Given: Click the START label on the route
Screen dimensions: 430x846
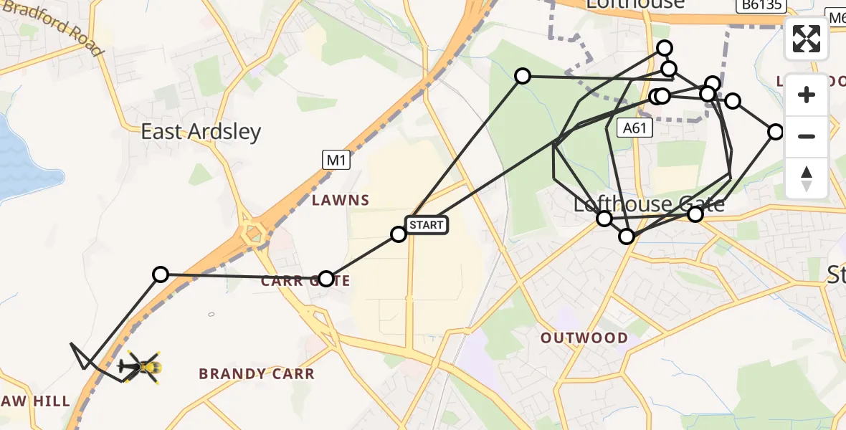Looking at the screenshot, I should coord(427,225).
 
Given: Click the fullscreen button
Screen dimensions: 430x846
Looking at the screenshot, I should coord(807,39).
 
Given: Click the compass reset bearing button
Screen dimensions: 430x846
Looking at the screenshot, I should coord(807,178).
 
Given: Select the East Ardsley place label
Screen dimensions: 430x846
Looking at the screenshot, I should coord(201,132).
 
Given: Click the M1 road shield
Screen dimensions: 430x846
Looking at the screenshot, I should coord(335,161).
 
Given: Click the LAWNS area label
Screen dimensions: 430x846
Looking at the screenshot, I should coord(341,201).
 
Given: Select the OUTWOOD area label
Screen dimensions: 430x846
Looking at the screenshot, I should coord(584,338).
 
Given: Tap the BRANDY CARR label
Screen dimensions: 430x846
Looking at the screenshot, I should coord(256,373).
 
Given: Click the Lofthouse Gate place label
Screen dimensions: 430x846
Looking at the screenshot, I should coord(649,205).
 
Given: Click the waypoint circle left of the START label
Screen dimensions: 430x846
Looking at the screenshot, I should coord(398,234).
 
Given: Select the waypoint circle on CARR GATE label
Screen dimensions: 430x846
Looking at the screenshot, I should coord(326,278).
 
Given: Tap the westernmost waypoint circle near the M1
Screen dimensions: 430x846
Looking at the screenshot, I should coord(161,274).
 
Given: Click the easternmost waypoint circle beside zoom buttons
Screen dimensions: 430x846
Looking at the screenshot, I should coord(776,132).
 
